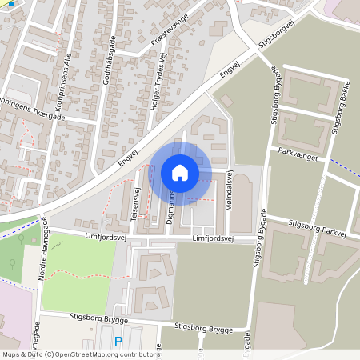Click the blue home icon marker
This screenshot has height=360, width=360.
point(180,172)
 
